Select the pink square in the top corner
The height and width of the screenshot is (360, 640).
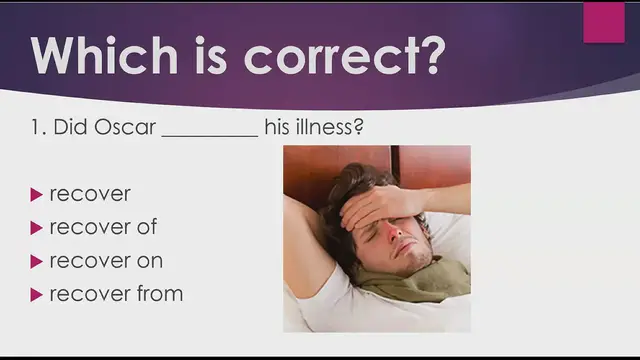point(604,23)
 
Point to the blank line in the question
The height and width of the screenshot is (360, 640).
point(209,135)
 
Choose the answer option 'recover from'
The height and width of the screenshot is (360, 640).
point(116,294)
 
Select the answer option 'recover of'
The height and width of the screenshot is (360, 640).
point(103,227)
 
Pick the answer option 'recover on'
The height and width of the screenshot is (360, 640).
point(106,261)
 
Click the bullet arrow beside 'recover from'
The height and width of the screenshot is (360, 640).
point(37,294)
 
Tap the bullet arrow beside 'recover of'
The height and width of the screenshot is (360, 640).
point(37,227)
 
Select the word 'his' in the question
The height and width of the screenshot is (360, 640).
point(277,129)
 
